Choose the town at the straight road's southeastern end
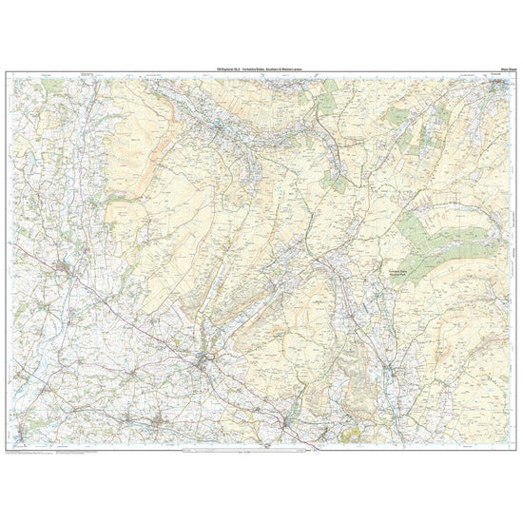pyautogui.click(x=207, y=358)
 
